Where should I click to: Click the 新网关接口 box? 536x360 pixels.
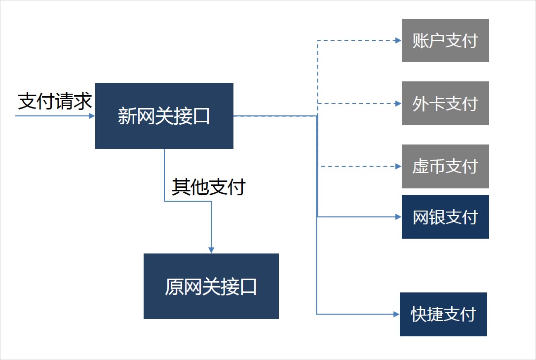tap(164, 116)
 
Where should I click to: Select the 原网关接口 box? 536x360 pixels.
tap(211, 286)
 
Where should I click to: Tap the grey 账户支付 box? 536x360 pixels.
tap(445, 40)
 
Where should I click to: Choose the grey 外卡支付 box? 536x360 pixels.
tap(445, 103)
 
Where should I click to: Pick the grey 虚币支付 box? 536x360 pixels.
tap(445, 166)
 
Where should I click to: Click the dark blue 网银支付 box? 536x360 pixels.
tap(445, 216)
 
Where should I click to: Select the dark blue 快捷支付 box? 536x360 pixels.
tap(443, 314)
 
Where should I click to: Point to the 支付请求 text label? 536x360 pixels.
tap(55, 101)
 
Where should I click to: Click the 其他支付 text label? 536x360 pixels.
tap(208, 187)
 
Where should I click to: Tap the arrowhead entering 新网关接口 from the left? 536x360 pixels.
tap(92, 116)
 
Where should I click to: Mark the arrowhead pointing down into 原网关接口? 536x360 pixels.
tap(211, 250)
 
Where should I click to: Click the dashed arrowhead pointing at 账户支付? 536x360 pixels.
tap(398, 40)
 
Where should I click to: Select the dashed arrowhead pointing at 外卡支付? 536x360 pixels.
tap(398, 104)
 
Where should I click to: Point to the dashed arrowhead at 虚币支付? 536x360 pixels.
tap(398, 166)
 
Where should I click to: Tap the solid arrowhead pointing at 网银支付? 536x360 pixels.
tap(398, 217)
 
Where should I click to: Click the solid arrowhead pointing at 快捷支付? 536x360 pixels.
tap(396, 314)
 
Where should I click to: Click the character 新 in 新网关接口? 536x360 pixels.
tap(127, 116)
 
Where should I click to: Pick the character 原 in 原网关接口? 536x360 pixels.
tap(174, 286)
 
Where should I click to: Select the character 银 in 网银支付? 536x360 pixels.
tap(437, 217)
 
